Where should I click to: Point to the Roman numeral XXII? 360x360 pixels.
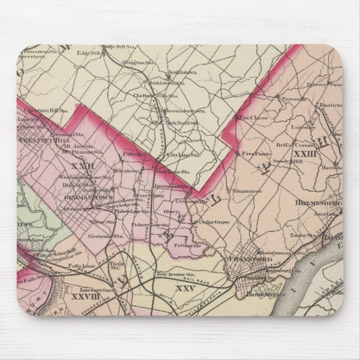click(x=80, y=165)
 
